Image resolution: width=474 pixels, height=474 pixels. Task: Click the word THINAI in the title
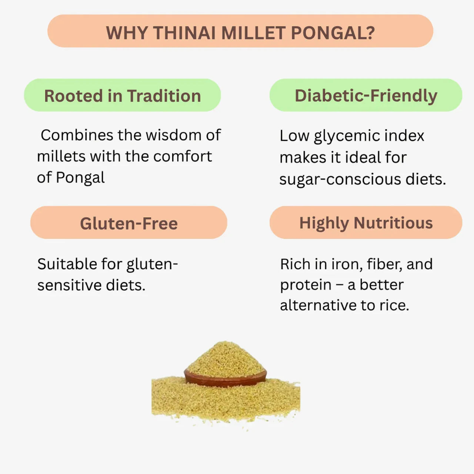click(184, 33)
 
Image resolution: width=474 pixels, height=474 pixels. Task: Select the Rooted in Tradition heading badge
click(123, 96)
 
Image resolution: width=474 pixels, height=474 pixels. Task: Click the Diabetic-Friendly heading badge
click(366, 96)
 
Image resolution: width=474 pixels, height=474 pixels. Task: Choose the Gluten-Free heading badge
click(129, 223)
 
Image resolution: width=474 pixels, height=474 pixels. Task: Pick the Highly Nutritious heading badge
click(366, 223)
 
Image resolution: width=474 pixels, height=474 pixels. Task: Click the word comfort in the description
click(182, 156)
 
